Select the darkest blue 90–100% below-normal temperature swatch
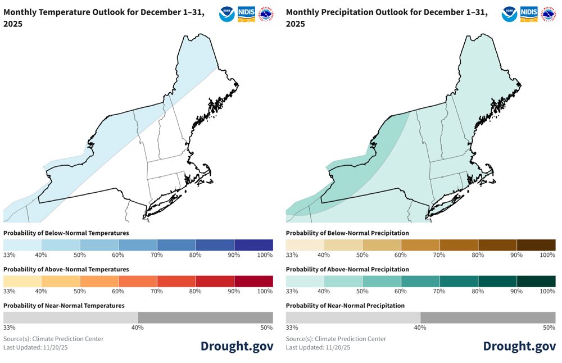253,245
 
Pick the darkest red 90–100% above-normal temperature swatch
253,281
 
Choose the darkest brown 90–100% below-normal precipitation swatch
536,245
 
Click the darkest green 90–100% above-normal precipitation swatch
536,281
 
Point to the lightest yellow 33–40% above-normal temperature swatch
22,281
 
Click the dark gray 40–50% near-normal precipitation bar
487,317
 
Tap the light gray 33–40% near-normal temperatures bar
70,317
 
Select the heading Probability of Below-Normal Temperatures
66,233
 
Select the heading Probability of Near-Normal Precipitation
345,306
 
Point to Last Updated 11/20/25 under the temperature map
31,347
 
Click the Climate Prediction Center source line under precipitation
336,339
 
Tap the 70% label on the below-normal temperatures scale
156,255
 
